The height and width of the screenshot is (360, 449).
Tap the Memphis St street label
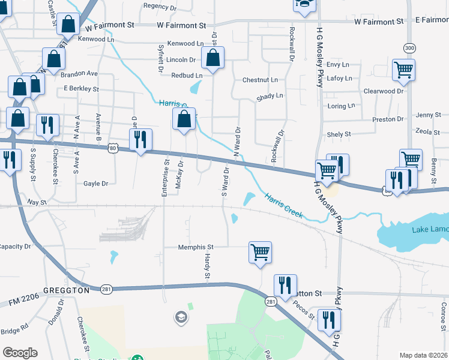coord(196,247)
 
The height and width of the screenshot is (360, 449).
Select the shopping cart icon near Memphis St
coord(261,252)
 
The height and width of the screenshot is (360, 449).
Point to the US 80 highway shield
coord(113,147)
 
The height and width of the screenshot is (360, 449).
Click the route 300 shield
coord(409,47)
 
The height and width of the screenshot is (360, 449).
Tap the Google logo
coord(20,353)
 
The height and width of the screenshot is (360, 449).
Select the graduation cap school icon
coord(180,316)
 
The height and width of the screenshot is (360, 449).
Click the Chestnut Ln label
coord(260,80)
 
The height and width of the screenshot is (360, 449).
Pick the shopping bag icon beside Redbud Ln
coord(212,59)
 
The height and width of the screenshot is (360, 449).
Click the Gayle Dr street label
coord(95,184)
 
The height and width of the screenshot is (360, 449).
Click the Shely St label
coord(338,135)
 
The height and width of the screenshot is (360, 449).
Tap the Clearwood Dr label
coord(384,91)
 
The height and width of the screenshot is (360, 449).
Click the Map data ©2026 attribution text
coord(423,355)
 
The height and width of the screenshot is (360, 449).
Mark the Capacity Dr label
coord(14,247)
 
